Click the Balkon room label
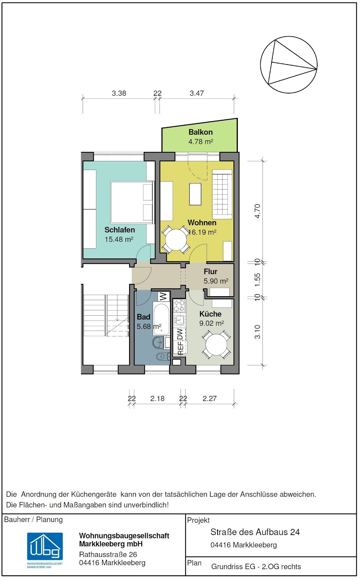pos(200,132)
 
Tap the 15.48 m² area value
pos(119,239)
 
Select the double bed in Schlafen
pos(132,203)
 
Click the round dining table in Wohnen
pos(176,240)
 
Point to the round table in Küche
pos(216,345)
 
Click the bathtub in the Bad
pos(161,318)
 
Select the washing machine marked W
pos(163,296)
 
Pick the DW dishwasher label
pos(180,334)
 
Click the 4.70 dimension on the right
pos(257,211)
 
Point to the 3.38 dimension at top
pos(119,93)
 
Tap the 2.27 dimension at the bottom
pos(209,398)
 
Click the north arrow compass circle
pos(289,65)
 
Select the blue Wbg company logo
pos(45,546)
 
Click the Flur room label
pos(210,272)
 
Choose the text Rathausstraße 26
pos(108,554)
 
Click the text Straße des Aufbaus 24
pos(255,532)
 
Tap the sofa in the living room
pos(222,194)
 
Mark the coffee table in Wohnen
pos(195,194)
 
